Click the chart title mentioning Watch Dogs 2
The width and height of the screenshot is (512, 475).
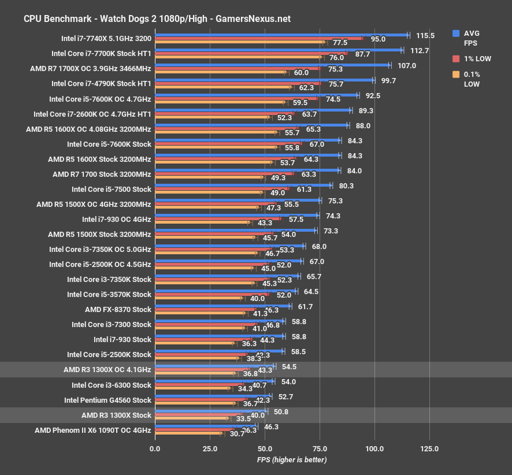pyautogui.click(x=157, y=18)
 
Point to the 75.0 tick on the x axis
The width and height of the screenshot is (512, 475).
pyautogui.click(x=320, y=449)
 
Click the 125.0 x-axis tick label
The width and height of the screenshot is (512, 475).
pyautogui.click(x=429, y=449)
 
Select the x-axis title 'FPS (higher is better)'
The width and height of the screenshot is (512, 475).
pyautogui.click(x=292, y=460)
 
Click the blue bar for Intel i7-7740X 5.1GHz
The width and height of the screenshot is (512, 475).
pyautogui.click(x=281, y=35)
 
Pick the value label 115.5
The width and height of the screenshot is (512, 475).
pyautogui.click(x=425, y=35)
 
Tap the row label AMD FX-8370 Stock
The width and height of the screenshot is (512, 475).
pyautogui.click(x=118, y=310)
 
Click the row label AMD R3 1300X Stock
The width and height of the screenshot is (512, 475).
pyautogui.click(x=116, y=415)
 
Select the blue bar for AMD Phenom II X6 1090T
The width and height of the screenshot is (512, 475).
pyautogui.click(x=206, y=426)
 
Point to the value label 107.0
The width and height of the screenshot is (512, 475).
pyautogui.click(x=406, y=66)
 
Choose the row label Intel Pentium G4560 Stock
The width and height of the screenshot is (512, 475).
pyautogui.click(x=107, y=400)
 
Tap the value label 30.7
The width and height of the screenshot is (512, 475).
pyautogui.click(x=238, y=434)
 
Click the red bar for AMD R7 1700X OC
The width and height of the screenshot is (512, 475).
pyautogui.click(x=238, y=69)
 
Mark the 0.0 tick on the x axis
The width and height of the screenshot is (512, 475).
pyautogui.click(x=155, y=449)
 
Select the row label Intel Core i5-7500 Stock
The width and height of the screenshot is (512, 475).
pyautogui.click(x=111, y=189)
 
